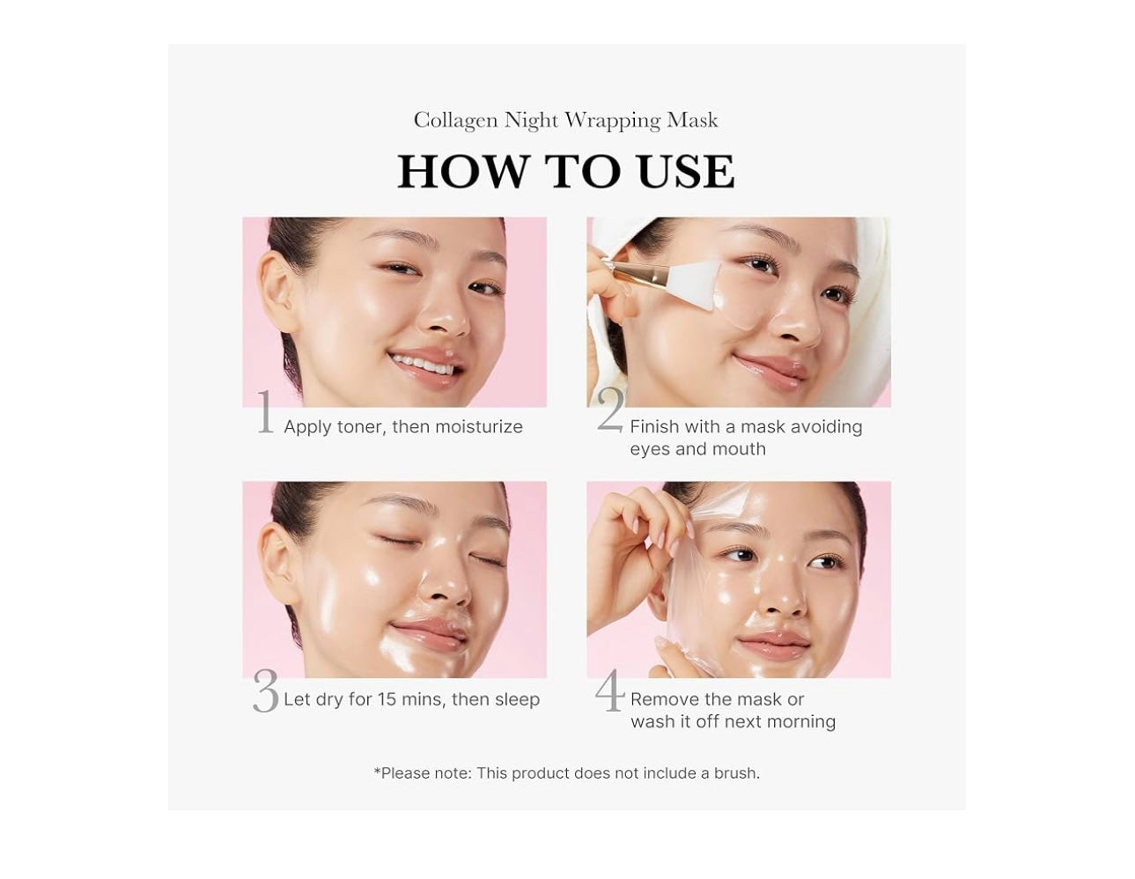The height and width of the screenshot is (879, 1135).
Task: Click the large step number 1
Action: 265,411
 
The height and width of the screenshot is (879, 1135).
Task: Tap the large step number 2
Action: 610,410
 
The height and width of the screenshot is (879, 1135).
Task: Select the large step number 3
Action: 265,692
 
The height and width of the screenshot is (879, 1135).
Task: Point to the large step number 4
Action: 609,691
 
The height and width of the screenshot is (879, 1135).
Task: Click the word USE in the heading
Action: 685,171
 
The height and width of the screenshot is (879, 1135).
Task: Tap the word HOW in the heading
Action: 463,171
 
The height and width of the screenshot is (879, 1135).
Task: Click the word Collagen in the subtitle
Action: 455,121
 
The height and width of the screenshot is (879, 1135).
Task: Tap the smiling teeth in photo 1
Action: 423,364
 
